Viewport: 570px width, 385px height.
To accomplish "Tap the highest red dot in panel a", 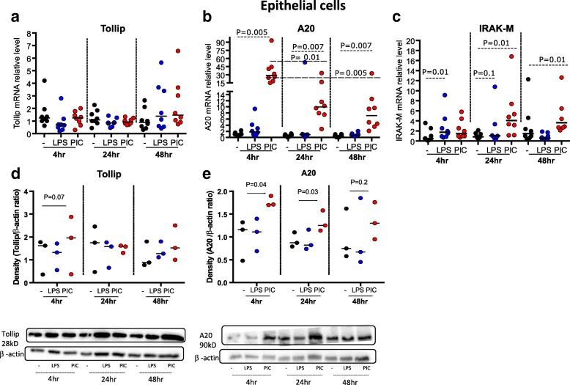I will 176,51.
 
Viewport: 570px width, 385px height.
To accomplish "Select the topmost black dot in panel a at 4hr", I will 42,81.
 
